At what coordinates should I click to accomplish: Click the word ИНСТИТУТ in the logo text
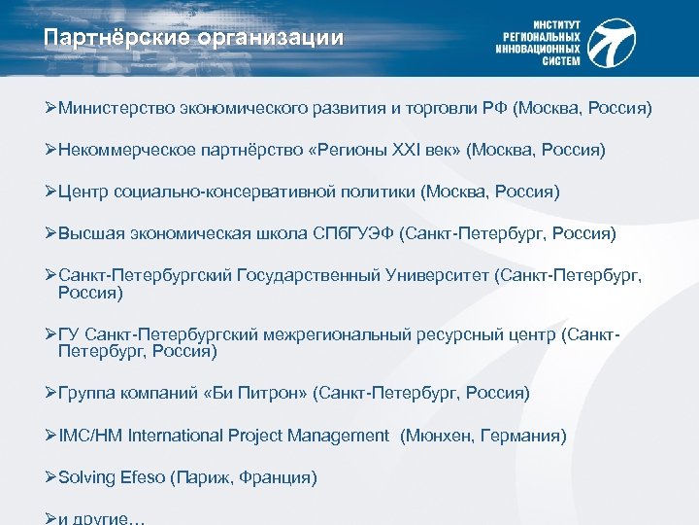(557, 22)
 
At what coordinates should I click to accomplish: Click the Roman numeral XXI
(401, 151)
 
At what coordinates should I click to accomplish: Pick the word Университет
(433, 276)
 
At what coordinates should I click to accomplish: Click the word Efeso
(142, 477)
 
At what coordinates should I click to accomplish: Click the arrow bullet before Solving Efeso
(51, 477)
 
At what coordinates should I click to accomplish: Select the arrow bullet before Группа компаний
(51, 393)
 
